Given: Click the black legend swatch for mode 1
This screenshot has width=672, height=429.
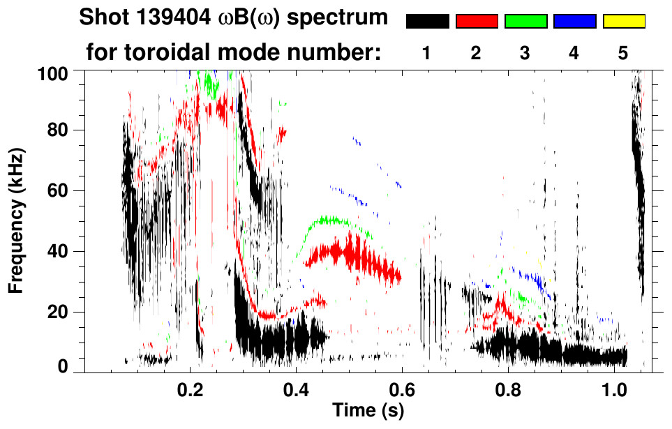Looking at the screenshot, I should click(427, 22).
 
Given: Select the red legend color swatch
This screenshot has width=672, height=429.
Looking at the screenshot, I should click(477, 22).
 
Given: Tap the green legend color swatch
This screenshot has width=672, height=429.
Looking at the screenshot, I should click(525, 22).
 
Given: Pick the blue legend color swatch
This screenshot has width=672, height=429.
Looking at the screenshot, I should click(574, 22).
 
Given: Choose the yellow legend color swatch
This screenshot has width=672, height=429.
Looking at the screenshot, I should click(623, 22).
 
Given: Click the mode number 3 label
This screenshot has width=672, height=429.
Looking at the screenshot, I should click(525, 53).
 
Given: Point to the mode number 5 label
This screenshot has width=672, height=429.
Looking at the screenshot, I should click(623, 53).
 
